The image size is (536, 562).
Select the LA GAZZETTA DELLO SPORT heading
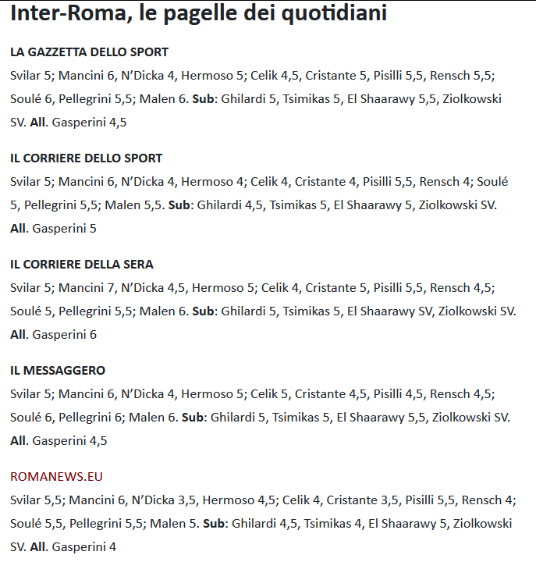point(89,52)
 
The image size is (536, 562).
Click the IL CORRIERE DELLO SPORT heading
point(86,158)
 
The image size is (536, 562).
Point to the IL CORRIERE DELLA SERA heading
point(81,265)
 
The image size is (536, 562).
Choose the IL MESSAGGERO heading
point(58,371)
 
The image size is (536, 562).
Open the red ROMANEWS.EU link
point(56,477)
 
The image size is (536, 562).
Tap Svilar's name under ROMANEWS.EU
point(26,500)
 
